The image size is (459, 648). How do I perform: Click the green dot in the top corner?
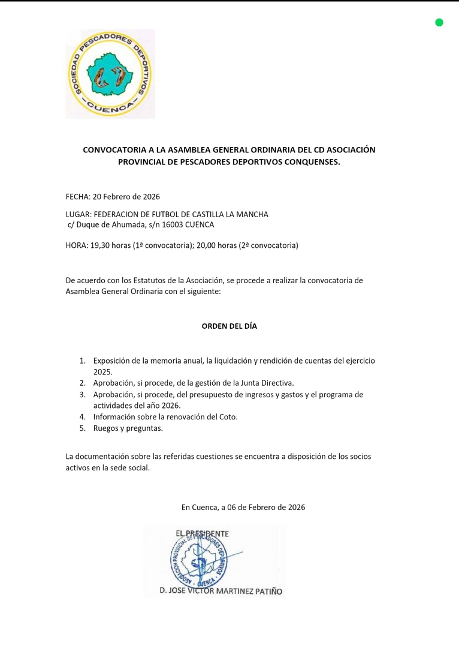[439, 23]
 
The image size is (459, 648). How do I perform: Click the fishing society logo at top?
[110, 74]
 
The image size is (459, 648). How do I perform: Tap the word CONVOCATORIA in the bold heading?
[113, 150]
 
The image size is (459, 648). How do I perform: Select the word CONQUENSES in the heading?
[310, 162]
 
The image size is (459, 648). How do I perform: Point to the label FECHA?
[78, 197]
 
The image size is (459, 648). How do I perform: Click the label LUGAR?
[78, 214]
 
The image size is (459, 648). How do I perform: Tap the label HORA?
[77, 245]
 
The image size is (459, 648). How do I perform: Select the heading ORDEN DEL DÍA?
[229, 326]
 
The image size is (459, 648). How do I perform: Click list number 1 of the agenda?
[82, 361]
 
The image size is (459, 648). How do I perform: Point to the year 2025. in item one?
[103, 372]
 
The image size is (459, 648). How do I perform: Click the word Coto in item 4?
[227, 417]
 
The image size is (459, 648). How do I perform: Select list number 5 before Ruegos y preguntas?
[82, 428]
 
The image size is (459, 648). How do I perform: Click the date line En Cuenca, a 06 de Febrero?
[243, 507]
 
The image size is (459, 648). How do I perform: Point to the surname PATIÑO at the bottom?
[265, 591]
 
